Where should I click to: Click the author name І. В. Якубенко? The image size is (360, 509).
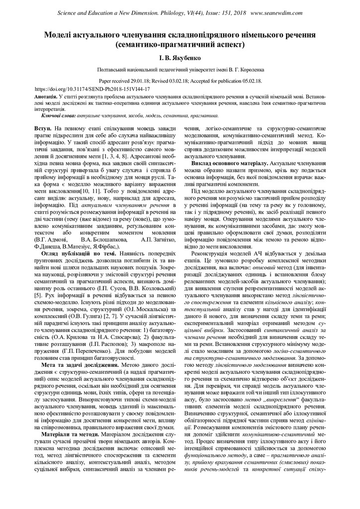coord(180,58)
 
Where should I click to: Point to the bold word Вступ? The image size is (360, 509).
coord(50,128)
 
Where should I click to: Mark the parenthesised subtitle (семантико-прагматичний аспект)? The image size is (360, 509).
coord(180,45)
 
